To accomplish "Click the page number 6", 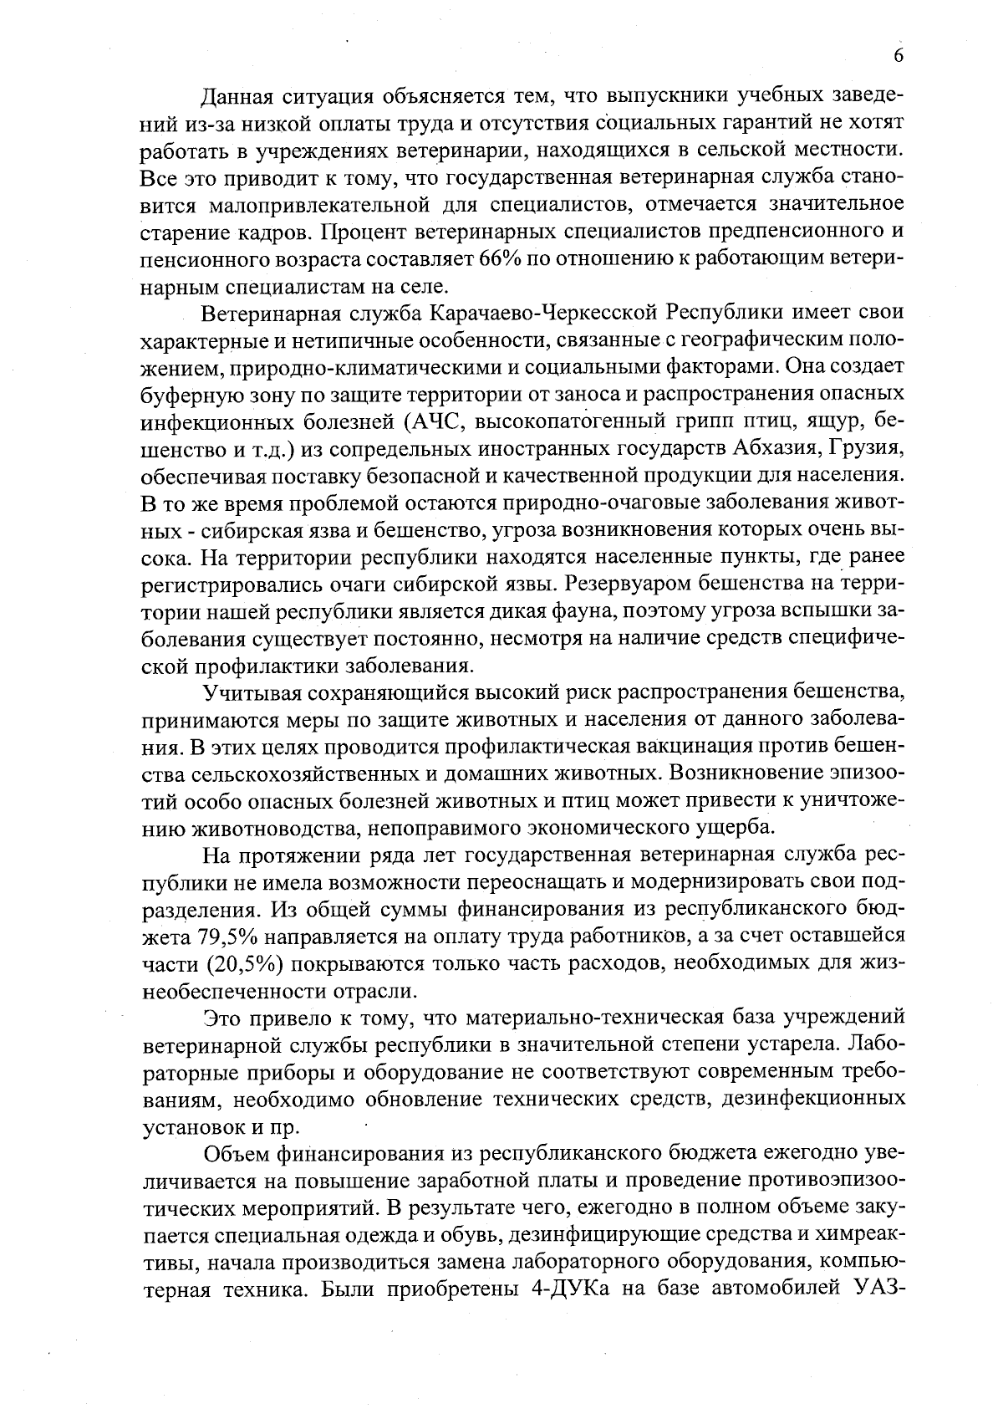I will pos(899,56).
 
